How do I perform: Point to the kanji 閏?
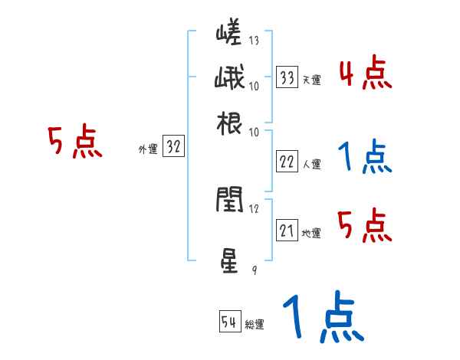[x=229, y=200]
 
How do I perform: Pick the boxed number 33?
[x=287, y=77]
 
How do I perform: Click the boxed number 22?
[x=287, y=162]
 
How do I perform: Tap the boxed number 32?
[x=173, y=148]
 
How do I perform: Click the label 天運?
[x=311, y=80]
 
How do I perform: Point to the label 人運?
[x=311, y=164]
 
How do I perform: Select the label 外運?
[x=147, y=150]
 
